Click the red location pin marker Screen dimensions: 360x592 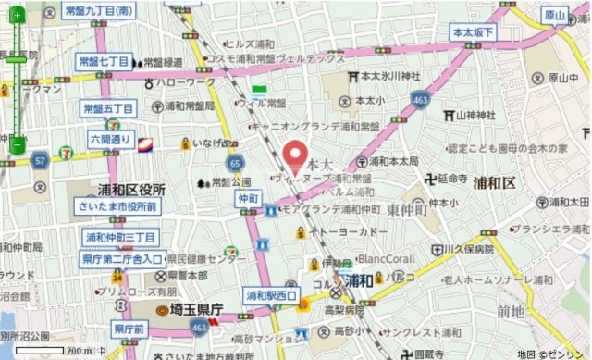coord(295,156)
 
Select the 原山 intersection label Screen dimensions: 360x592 coord(554,15)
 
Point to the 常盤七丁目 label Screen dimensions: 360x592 coord(104,61)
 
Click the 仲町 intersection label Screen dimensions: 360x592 coord(247,198)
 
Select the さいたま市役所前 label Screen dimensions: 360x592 coord(117,207)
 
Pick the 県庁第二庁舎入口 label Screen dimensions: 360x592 coord(122,259)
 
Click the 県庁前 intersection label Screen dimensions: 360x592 coord(128,329)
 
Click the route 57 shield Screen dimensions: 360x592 coord(40,161)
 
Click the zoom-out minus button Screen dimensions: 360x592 coord(17,144)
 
